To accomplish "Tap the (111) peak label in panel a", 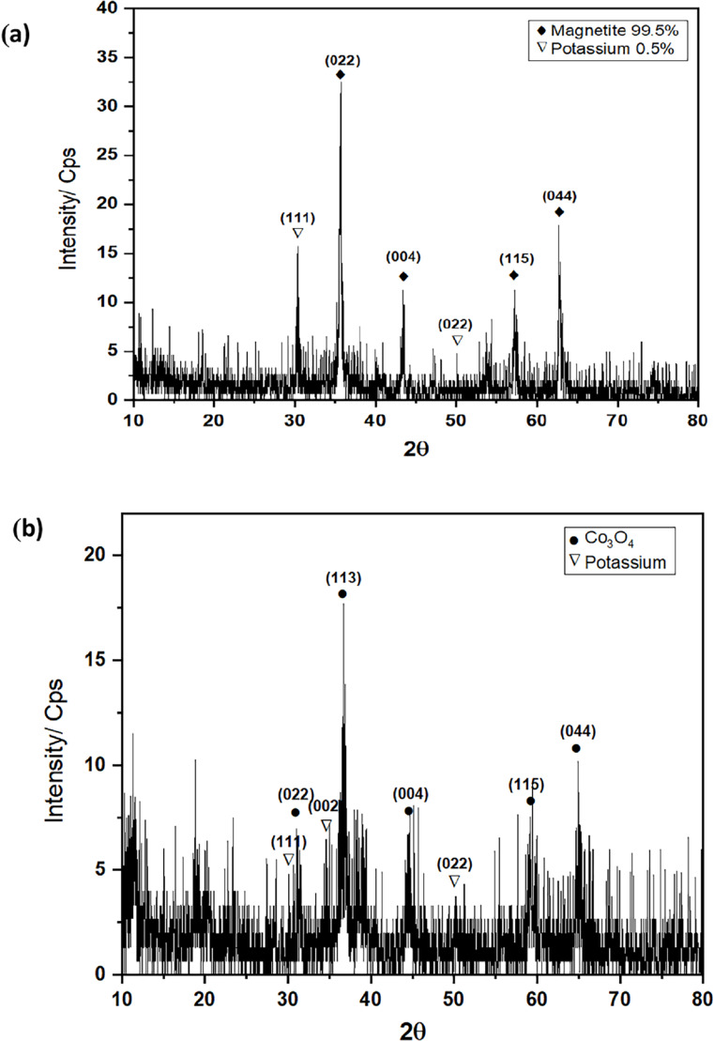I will (296, 218).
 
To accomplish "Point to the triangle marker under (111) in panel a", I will (297, 233).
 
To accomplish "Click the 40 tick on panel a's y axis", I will (114, 8).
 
